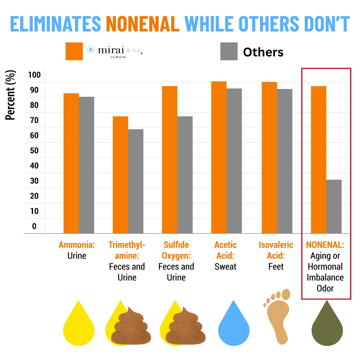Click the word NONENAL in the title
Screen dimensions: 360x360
[142, 24]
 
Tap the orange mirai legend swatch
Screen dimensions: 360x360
[74, 51]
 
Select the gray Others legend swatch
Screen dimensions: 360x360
[229, 51]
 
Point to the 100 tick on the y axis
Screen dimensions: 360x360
[34, 75]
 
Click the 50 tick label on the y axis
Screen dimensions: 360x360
[34, 151]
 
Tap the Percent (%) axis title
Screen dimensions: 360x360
[10, 95]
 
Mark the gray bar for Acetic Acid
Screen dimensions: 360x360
[234, 161]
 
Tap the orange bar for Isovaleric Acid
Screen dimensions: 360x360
[269, 157]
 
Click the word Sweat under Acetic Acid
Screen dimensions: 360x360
[225, 267]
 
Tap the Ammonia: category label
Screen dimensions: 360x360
[77, 245]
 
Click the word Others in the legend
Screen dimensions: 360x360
[263, 52]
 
